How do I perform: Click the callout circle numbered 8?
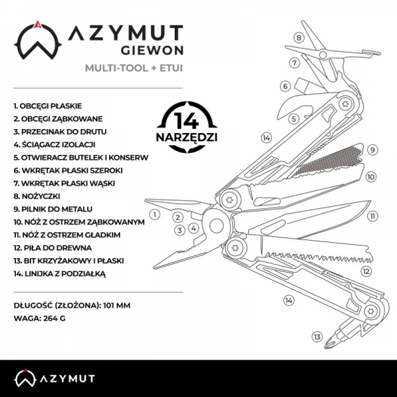coord(299,38)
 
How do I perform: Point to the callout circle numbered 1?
coord(154,214)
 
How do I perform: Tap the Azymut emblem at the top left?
coord(38,42)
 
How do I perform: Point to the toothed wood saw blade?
coord(311,254)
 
